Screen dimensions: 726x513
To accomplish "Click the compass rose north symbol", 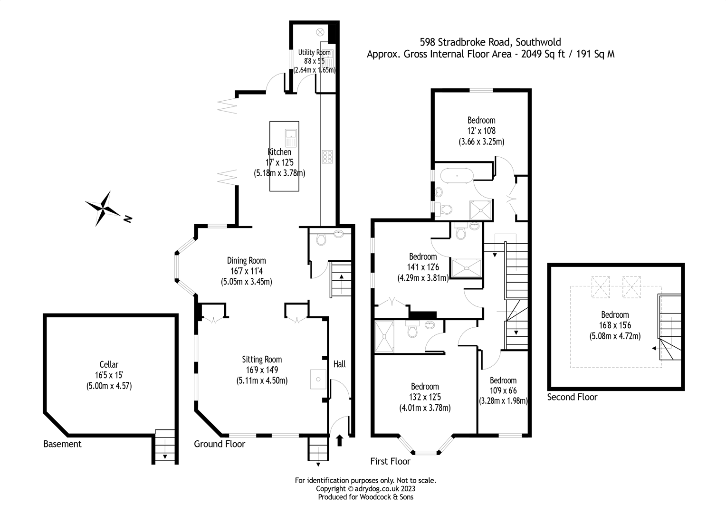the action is click(x=103, y=209).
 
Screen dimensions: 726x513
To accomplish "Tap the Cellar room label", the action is click(x=109, y=364).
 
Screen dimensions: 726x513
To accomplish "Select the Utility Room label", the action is click(x=314, y=52).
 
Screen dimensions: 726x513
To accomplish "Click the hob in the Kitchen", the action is click(x=327, y=157).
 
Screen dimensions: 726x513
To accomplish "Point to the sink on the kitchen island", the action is click(x=291, y=138).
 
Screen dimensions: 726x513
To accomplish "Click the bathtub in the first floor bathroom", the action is click(x=457, y=176).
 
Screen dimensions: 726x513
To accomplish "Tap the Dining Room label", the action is click(x=246, y=260).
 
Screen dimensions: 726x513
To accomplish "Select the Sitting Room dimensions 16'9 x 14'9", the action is click(x=262, y=370).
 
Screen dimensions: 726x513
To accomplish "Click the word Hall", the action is click(x=339, y=364).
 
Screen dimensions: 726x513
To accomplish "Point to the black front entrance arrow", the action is click(x=339, y=441).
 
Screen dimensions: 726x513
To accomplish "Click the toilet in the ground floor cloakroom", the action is click(x=321, y=239).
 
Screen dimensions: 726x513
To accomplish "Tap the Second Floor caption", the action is click(x=572, y=397).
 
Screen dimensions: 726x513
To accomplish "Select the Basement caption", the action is click(x=62, y=444).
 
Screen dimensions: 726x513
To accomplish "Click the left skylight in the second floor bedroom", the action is click(x=600, y=287).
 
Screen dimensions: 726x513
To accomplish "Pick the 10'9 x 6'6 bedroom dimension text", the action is click(x=503, y=390).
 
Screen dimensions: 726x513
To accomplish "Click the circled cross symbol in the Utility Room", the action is click(x=320, y=32).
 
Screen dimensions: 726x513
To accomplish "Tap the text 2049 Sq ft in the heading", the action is click(x=543, y=54).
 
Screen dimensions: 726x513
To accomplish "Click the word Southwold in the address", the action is click(x=538, y=42).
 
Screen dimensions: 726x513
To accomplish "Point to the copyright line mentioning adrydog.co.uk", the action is click(x=365, y=488).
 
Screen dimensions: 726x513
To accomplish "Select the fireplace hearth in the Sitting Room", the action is click(x=318, y=379).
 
